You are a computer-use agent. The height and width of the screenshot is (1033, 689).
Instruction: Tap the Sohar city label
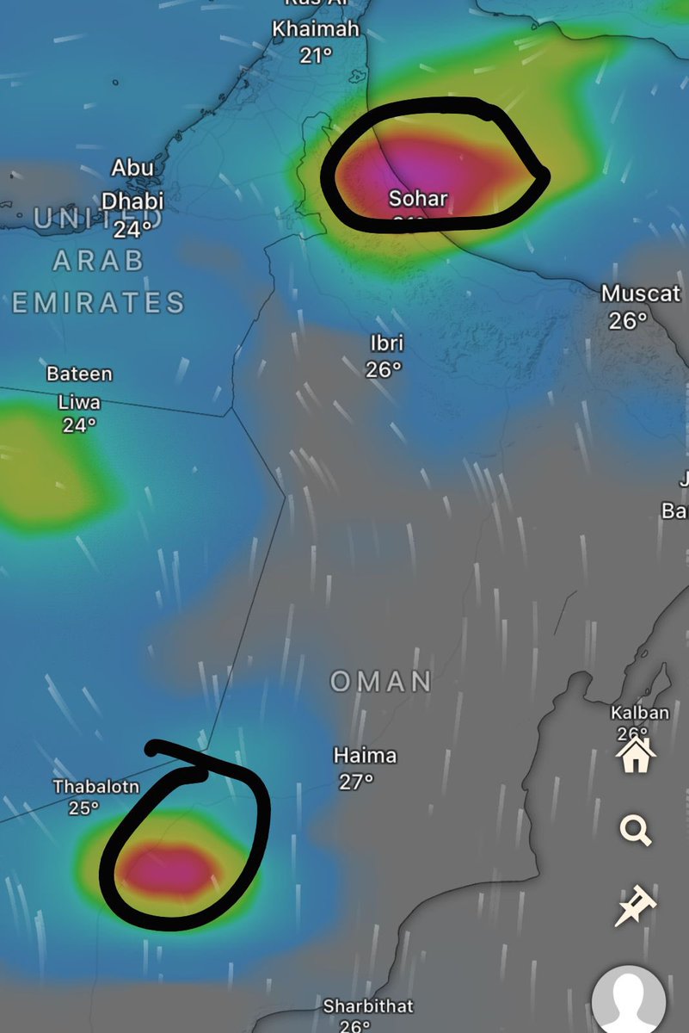[418, 199]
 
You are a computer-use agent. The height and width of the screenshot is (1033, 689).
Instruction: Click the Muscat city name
[641, 294]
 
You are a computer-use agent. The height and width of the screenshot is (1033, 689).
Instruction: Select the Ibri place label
[386, 344]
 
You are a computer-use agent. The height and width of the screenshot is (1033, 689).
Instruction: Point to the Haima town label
[365, 756]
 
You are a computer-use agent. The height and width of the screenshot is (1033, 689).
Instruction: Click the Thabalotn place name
[96, 786]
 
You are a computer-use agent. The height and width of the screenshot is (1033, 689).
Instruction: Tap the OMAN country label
[381, 682]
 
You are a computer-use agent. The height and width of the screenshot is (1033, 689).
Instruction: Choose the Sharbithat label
[368, 1005]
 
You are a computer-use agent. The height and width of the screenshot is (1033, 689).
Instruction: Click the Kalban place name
[639, 713]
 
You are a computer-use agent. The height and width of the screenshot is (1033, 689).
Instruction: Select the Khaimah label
[316, 29]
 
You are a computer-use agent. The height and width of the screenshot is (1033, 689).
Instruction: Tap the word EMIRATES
[98, 302]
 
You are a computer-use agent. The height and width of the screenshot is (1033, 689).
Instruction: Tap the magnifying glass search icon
[635, 831]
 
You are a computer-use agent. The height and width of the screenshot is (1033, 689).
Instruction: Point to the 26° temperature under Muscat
[629, 321]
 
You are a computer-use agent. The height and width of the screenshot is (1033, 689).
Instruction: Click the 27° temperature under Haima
[355, 782]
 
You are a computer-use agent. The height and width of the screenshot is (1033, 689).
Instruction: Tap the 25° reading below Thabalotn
[83, 808]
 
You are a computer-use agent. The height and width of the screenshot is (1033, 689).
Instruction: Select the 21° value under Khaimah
[316, 56]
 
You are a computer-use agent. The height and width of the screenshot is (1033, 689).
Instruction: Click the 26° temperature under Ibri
[384, 369]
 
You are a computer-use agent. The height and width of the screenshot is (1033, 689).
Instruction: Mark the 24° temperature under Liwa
[79, 425]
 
